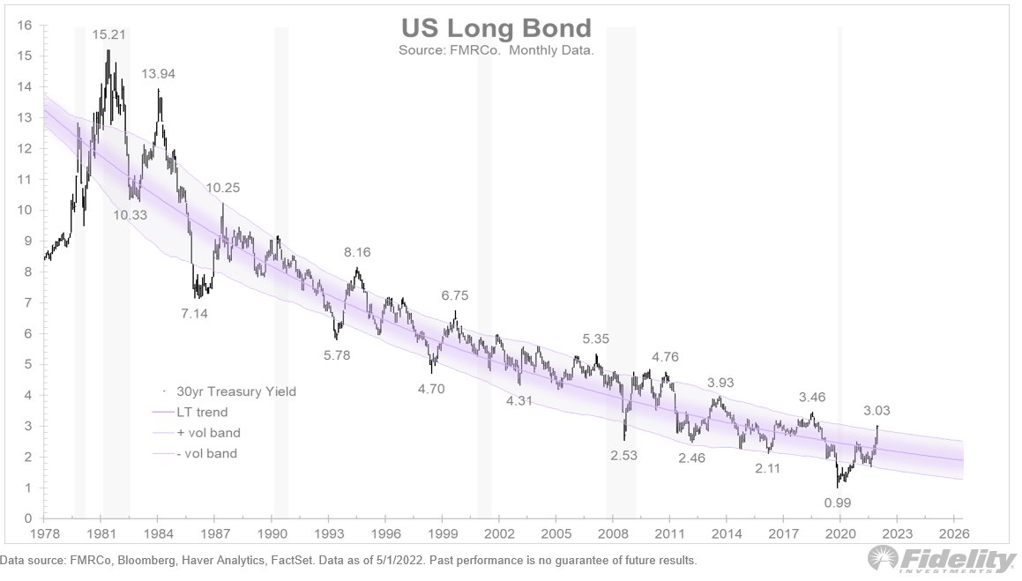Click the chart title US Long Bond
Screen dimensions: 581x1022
[496, 27]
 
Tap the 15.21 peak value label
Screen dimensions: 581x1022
[108, 35]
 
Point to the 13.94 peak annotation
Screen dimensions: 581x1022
[160, 74]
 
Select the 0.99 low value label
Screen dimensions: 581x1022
[838, 502]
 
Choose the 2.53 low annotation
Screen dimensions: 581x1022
[623, 456]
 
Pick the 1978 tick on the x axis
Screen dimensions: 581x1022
[45, 533]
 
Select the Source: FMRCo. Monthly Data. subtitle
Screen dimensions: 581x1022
[496, 50]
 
